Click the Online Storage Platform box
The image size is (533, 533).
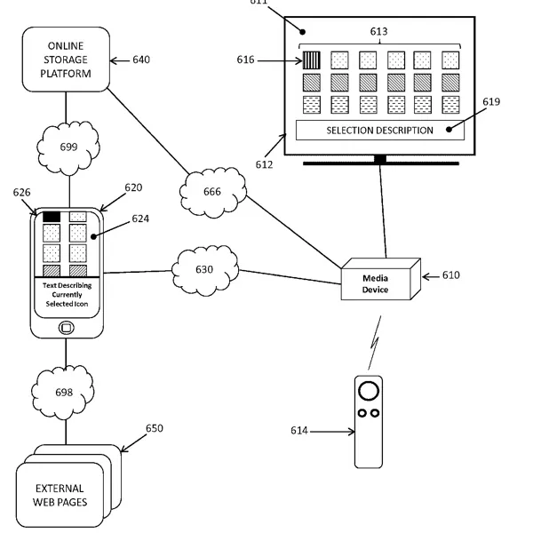click(67, 59)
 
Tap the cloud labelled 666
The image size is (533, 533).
click(213, 189)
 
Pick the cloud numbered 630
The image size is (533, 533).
click(205, 267)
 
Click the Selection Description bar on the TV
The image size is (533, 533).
click(380, 131)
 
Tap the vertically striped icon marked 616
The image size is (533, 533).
click(311, 60)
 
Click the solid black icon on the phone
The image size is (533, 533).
click(52, 216)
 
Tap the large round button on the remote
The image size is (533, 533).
click(369, 392)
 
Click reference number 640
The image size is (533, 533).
click(141, 60)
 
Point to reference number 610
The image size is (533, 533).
click(450, 275)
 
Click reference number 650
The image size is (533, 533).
click(155, 428)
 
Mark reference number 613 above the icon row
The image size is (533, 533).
click(380, 30)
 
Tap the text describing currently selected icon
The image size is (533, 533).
click(67, 295)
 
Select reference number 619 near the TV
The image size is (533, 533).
click(491, 102)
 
